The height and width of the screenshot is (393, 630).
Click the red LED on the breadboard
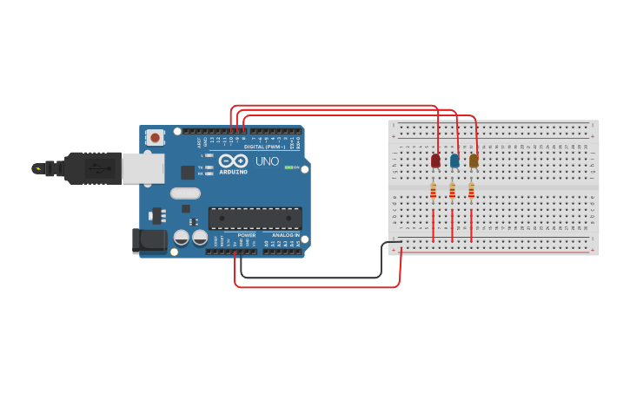tap(435, 160)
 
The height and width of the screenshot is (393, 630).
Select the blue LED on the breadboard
tap(454, 160)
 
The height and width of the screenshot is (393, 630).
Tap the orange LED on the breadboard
tap(474, 160)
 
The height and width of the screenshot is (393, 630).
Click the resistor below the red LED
tap(433, 192)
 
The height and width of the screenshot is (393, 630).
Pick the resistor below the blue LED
tap(452, 192)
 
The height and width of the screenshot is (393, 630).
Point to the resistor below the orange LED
tap(471, 192)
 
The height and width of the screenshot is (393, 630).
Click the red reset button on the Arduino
tap(155, 137)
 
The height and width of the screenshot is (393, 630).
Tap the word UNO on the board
tap(267, 161)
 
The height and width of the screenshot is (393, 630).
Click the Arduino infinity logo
tap(233, 161)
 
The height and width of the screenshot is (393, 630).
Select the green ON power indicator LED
tap(288, 167)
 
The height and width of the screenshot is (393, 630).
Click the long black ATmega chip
tap(255, 218)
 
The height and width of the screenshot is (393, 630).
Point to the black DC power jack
tap(149, 240)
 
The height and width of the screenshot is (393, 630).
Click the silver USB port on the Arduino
tap(143, 168)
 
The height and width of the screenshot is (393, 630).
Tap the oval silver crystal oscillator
tap(185, 193)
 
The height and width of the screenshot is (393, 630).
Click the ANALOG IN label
tap(285, 235)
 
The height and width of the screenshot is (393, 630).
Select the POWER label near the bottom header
tap(247, 235)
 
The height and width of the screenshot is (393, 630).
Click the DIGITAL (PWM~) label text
tap(265, 147)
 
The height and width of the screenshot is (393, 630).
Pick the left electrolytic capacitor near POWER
tap(182, 237)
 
